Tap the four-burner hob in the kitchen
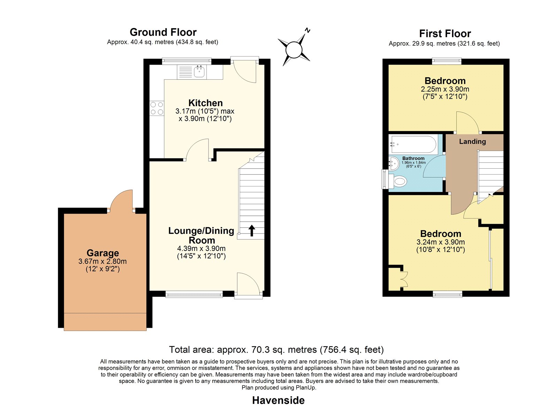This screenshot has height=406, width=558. click(157, 108)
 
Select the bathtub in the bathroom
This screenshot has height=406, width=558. click(414, 144)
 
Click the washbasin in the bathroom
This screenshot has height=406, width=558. click(394, 164)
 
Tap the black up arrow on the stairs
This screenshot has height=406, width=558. click(252, 230)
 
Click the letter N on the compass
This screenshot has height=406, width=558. click(308, 30)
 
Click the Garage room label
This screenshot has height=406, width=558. click(103, 253)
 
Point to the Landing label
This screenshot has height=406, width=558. click(472, 142)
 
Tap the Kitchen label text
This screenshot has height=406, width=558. click(205, 103)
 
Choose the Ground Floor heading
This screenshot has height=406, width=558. click(163, 32)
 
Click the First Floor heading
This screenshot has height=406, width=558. click(445, 34)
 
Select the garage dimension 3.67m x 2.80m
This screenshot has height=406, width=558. click(103, 261)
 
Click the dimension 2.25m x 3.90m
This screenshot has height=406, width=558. click(445, 89)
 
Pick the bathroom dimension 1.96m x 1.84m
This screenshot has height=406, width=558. click(414, 163)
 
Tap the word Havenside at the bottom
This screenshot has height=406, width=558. click(279, 400)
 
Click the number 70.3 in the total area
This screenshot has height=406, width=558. click(261, 350)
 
